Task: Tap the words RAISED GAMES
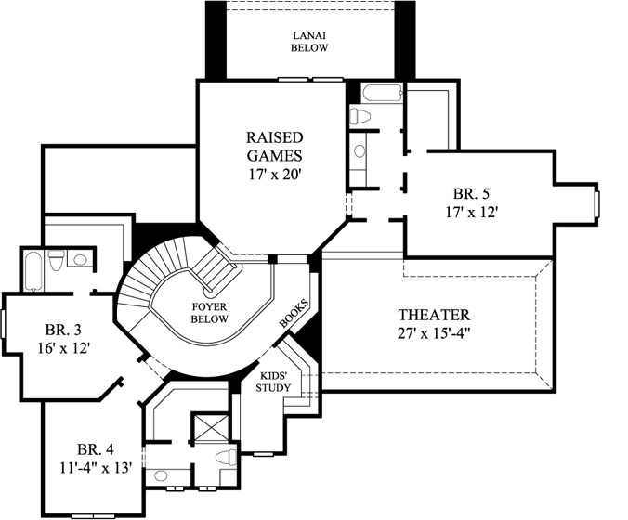[273, 146]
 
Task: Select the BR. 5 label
[472, 194]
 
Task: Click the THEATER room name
[433, 315]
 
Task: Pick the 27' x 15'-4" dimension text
[433, 333]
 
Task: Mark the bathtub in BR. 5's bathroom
[380, 93]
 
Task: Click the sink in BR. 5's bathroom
[360, 151]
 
